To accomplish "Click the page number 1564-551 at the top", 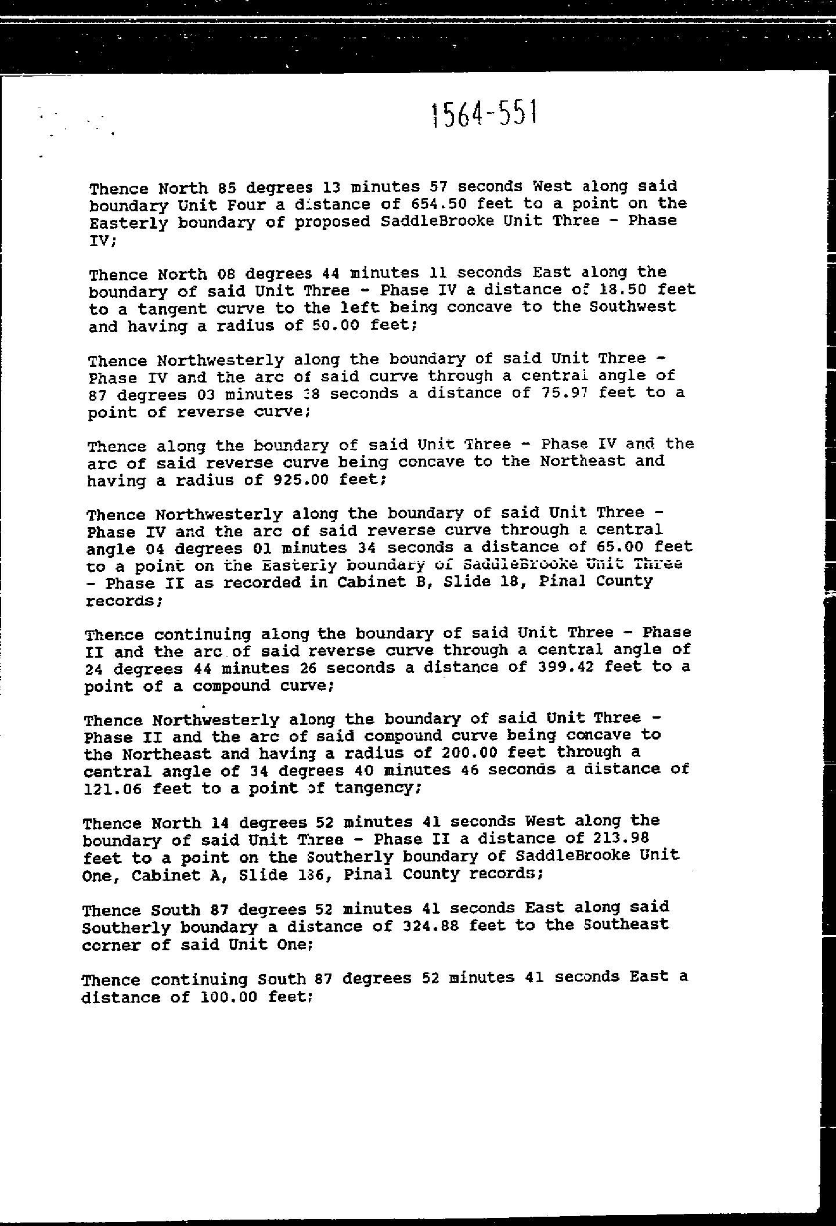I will (x=485, y=114).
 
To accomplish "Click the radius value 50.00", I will (x=337, y=325).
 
